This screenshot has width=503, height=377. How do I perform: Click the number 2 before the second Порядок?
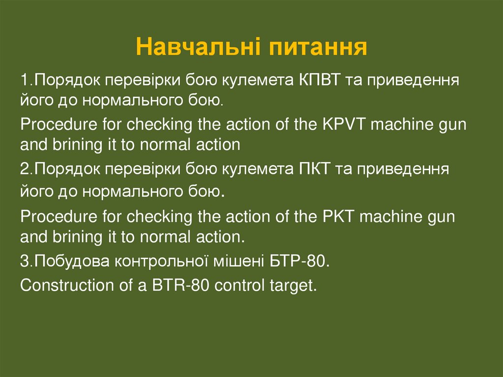click(x=25, y=170)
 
